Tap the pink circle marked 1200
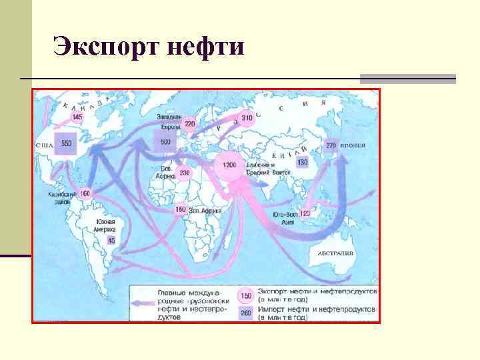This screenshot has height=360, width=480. [x=230, y=164]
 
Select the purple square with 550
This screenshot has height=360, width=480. [x=67, y=143]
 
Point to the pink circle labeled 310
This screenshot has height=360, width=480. [x=247, y=118]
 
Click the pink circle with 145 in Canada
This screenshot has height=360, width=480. [x=78, y=117]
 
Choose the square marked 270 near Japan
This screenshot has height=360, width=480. [x=331, y=145]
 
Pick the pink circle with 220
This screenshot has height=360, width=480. [x=190, y=124]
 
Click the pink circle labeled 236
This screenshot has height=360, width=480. [x=185, y=173]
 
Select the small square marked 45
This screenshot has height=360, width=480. [x=111, y=240]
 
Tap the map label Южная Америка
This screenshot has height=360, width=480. [x=105, y=226]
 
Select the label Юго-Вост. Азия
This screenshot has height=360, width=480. [x=284, y=218]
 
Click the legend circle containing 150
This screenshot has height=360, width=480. [x=246, y=295]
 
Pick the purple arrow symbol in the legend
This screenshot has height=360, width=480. [x=143, y=303]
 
